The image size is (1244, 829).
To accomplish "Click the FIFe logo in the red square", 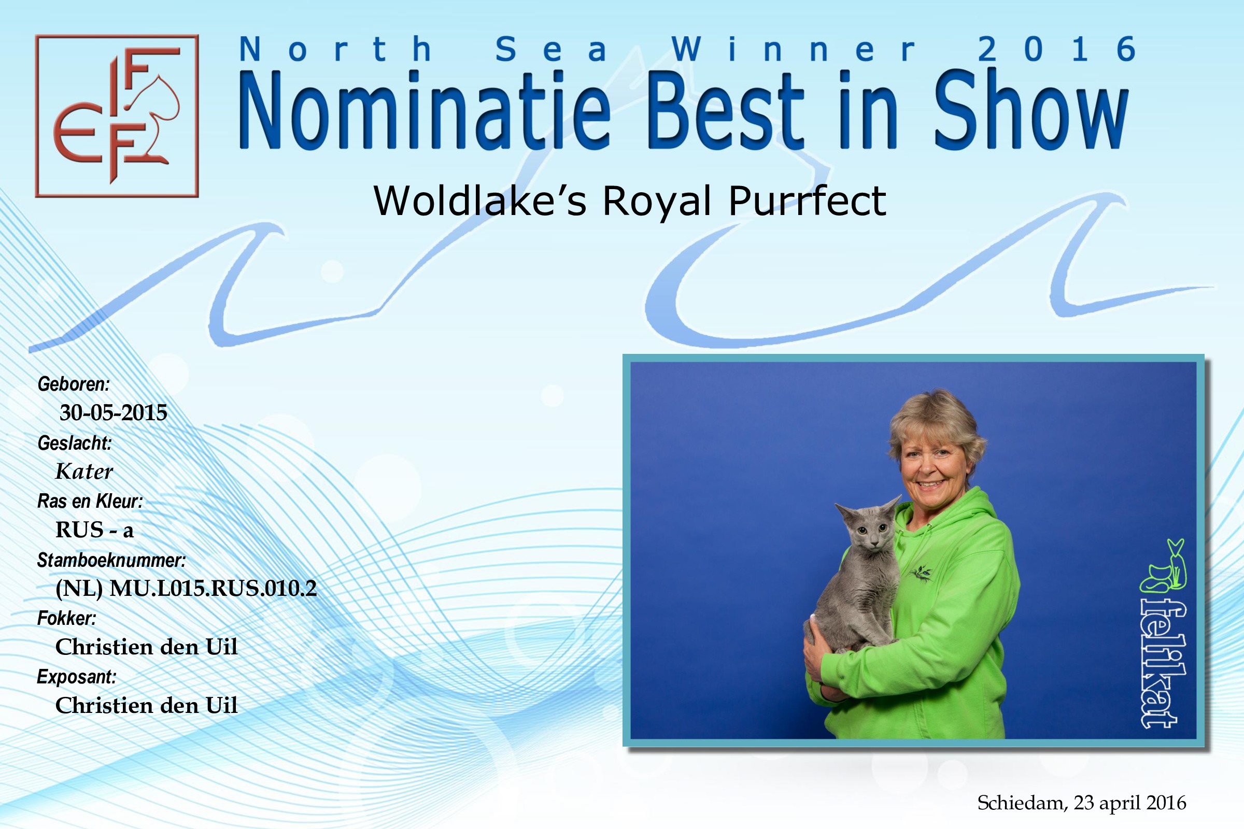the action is pos(117,116).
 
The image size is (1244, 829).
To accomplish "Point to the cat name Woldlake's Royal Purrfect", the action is pos(629,201).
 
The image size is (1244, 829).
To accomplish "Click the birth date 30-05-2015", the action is pos(113,412).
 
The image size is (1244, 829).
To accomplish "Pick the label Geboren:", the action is pos(74,384).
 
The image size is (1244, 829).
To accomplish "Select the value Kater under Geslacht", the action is pos(84,471).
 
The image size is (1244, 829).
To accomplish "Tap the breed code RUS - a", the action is pos(95,530).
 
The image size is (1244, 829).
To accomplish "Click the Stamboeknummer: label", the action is pos(111,560).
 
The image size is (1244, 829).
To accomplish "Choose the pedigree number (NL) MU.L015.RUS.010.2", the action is pos(186,589).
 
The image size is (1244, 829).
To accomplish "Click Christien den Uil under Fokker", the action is pos(147,647).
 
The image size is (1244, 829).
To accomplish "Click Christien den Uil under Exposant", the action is pos(147,705).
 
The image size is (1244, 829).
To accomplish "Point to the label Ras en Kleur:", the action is pos(90,501).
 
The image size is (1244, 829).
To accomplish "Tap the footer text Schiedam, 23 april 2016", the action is pos(1082,803).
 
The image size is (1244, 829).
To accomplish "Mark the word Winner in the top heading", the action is pos(794,49).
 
